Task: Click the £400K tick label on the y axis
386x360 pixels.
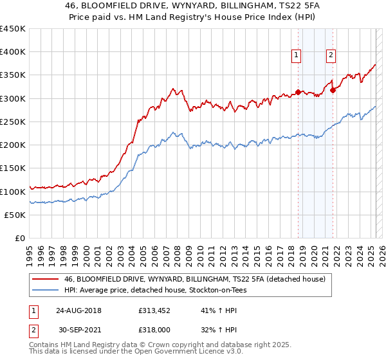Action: click(x=13, y=52)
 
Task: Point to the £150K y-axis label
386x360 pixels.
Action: click(x=13, y=168)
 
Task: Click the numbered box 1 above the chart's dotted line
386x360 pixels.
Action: click(x=297, y=55)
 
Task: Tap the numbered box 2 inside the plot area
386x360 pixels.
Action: click(x=331, y=55)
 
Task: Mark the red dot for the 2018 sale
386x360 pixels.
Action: click(x=299, y=92)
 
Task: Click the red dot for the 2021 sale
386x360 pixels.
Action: click(x=333, y=90)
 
